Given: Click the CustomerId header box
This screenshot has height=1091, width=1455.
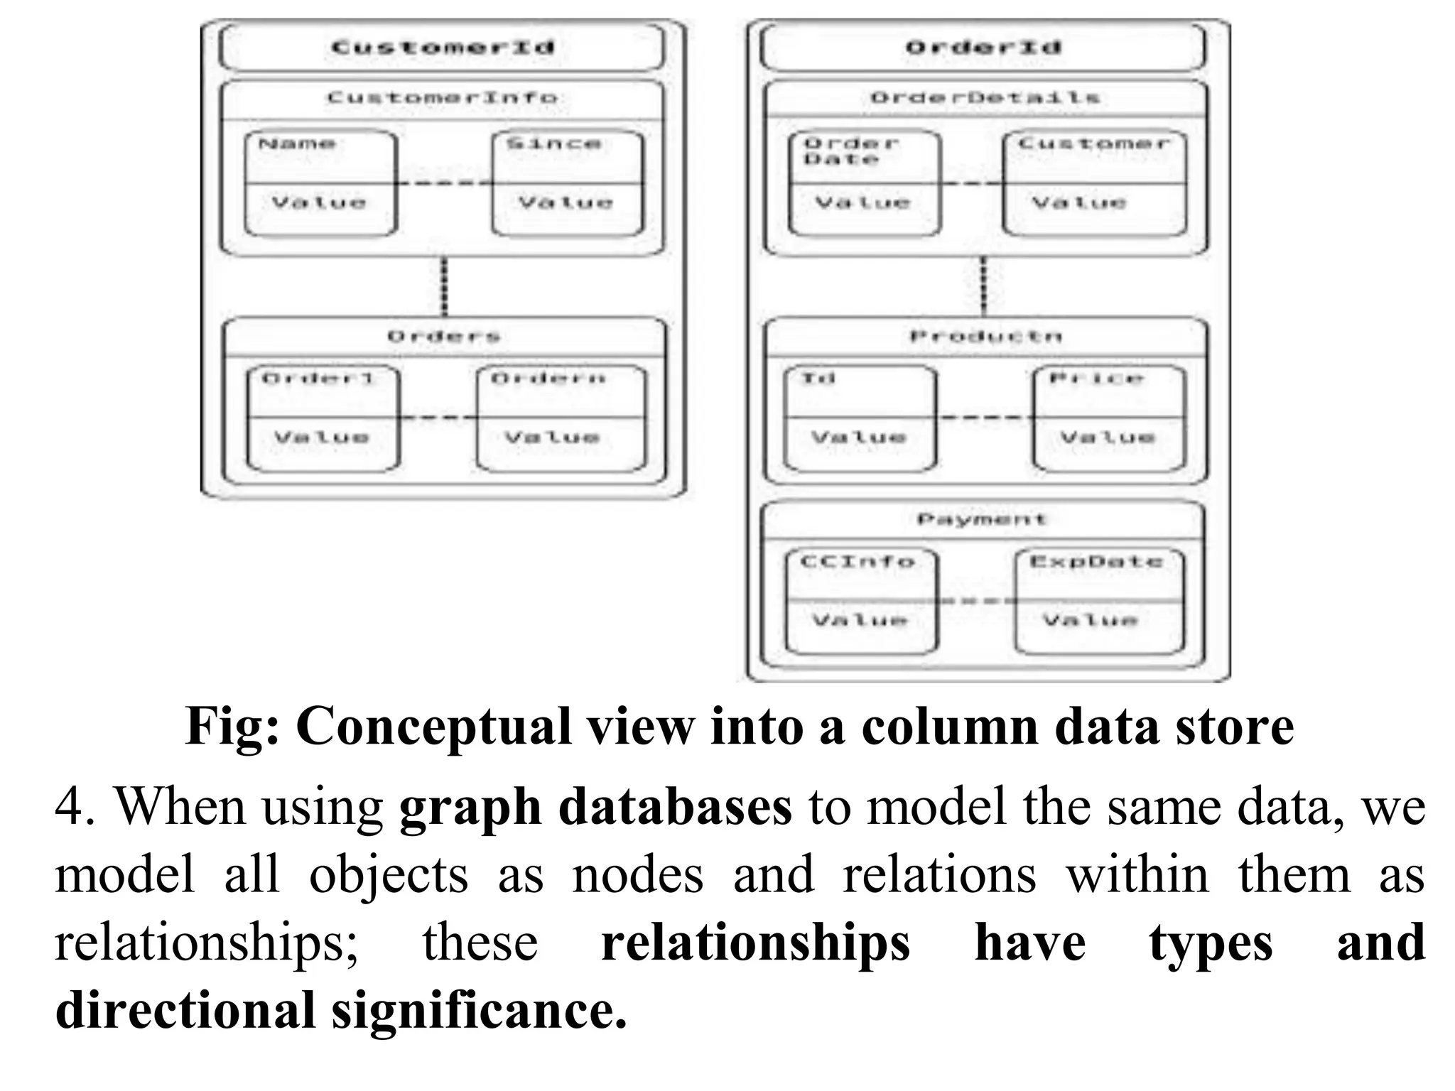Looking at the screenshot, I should (x=442, y=48).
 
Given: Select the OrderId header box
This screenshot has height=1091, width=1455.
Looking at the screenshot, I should (x=983, y=48).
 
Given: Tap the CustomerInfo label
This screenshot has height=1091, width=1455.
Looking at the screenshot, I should (x=442, y=97).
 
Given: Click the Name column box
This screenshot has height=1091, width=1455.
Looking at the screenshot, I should (x=320, y=183).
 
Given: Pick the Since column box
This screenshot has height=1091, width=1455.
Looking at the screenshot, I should (x=567, y=183).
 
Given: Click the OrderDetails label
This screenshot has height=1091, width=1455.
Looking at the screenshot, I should (x=985, y=97).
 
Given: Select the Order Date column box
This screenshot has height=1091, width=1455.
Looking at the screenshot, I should (x=864, y=183).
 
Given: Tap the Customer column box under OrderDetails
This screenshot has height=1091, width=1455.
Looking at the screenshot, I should (x=1094, y=183).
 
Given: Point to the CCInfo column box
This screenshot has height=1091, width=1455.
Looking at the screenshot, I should (x=862, y=601).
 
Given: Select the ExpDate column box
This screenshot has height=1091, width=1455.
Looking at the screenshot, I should (x=1099, y=601).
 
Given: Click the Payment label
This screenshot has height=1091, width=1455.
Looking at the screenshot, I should (x=983, y=519).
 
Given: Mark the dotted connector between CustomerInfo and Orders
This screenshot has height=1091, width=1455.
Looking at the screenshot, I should (x=445, y=287).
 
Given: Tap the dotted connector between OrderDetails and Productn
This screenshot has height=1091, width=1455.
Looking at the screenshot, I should (x=984, y=287).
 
